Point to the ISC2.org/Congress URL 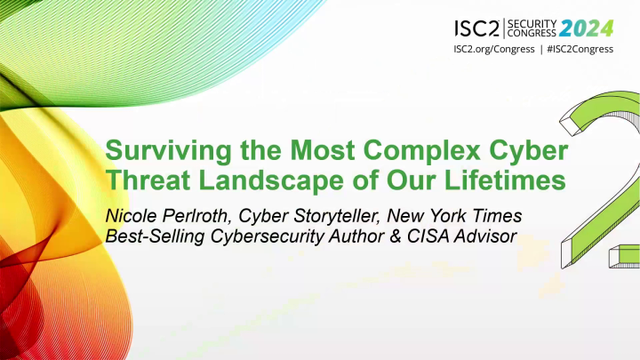coord(492,48)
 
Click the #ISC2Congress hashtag coord(577,48)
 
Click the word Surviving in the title coord(157,146)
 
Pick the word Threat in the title coord(145,180)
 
